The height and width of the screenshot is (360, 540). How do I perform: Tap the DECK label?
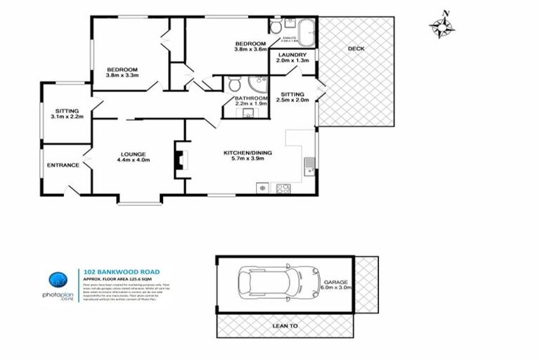tap(356, 49)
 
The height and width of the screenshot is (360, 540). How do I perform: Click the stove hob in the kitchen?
tap(283, 188)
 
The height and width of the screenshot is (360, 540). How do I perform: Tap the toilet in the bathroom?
tap(235, 84)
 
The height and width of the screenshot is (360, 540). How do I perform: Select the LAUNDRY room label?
tap(291, 55)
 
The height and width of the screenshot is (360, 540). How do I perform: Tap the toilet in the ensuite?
tap(275, 28)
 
